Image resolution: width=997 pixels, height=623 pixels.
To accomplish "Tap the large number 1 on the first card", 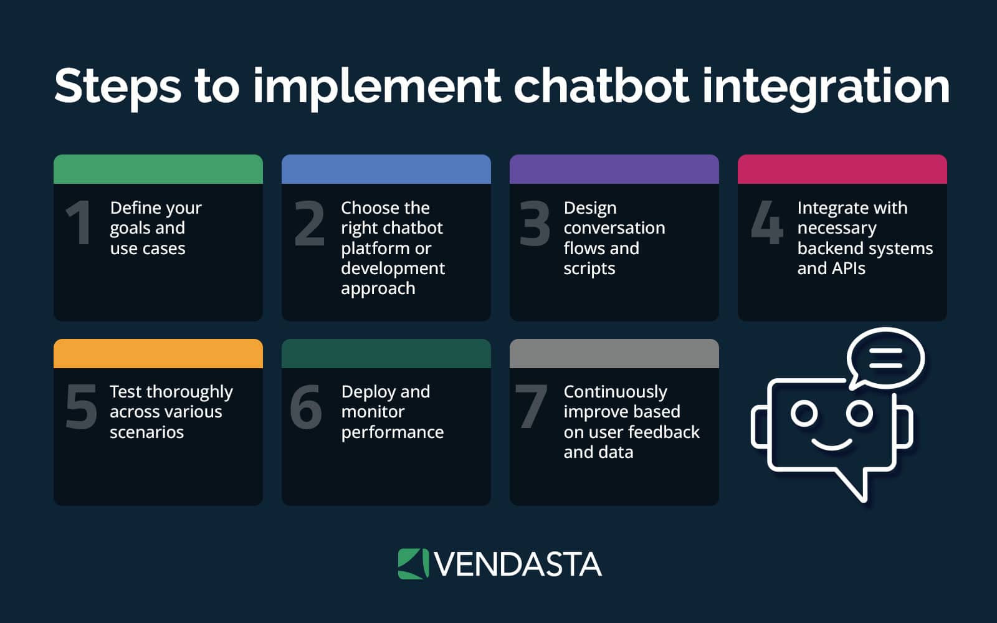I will tap(79, 223).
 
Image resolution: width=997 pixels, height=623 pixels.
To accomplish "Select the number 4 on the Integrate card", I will tap(766, 223).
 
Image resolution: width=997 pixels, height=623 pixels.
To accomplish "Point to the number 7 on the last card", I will tap(531, 407).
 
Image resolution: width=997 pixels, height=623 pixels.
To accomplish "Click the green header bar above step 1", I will tap(158, 169).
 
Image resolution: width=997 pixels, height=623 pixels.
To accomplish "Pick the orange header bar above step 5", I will tap(158, 353).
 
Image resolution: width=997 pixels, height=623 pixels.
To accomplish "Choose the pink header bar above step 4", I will tap(842, 169).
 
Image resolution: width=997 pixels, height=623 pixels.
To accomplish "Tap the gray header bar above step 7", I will tap(614, 353).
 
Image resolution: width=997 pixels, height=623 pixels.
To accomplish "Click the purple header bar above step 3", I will tap(614, 169).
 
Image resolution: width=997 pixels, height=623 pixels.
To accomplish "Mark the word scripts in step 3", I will tap(589, 269).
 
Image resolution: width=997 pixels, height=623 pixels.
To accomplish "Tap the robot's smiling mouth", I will tap(832, 444).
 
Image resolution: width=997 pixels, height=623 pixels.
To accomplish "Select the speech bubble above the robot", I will tap(885, 358).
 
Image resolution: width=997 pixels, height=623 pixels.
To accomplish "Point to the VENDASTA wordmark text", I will tap(517, 564).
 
